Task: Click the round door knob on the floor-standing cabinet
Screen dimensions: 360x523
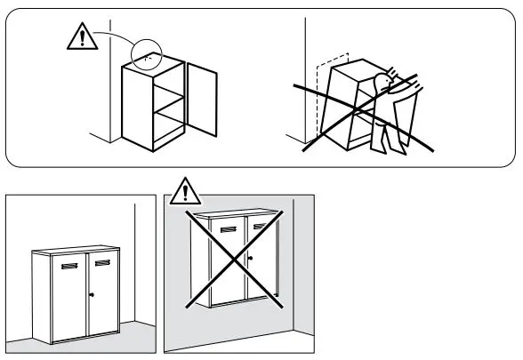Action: click(x=91, y=294)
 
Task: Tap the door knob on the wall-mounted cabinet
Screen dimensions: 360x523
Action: click(x=252, y=260)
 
